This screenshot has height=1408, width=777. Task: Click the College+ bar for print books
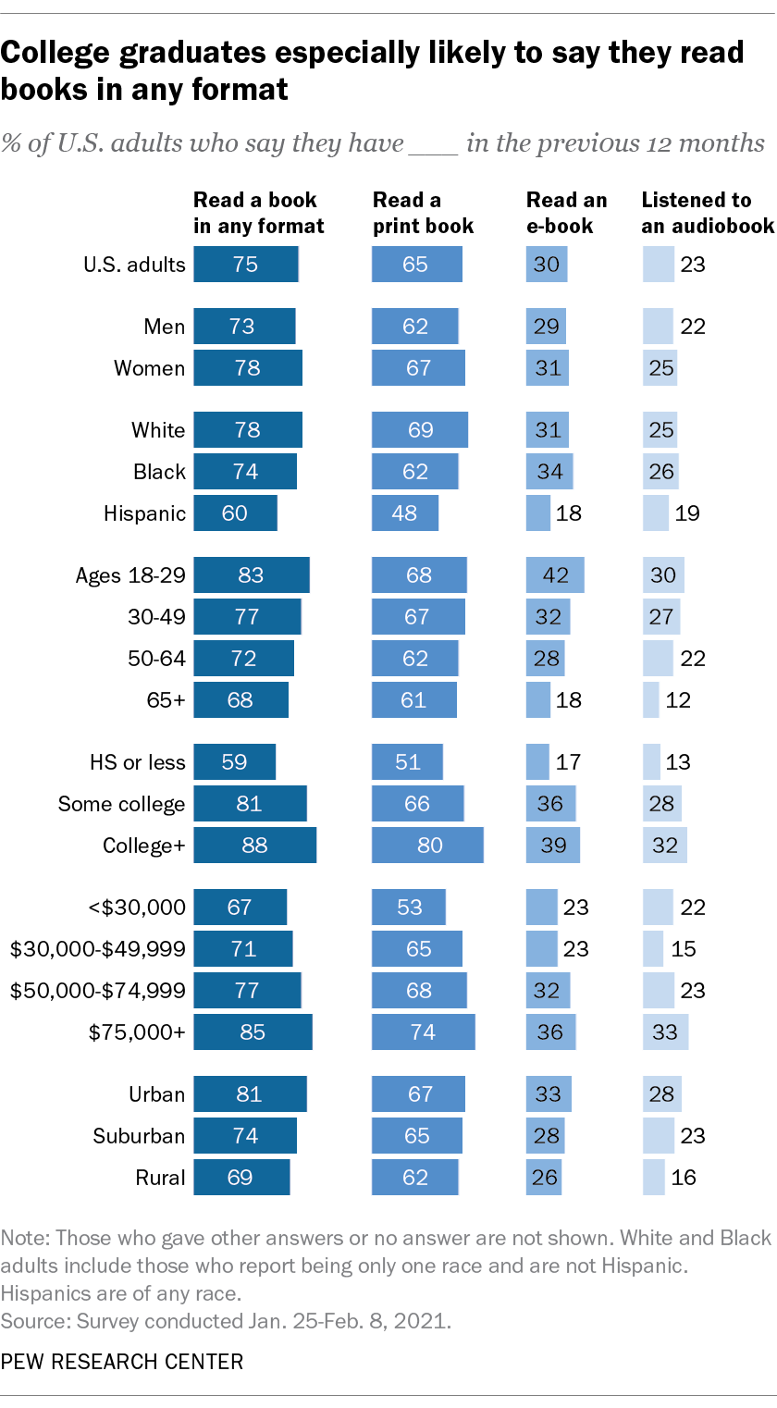tap(427, 846)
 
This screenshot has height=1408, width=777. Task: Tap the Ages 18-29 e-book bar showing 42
tap(555, 575)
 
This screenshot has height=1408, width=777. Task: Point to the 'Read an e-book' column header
tap(567, 213)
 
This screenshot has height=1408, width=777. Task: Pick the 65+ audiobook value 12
tap(678, 700)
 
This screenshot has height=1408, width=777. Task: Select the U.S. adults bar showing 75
tap(246, 265)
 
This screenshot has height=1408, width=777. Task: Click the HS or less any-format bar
tap(235, 762)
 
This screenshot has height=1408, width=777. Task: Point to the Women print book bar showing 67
tap(418, 368)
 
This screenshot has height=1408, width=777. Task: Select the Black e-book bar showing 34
tap(549, 472)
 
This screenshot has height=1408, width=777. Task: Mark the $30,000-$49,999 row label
tap(97, 948)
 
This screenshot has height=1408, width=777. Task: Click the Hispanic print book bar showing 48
tap(405, 513)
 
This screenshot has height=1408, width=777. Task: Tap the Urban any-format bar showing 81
tap(250, 1094)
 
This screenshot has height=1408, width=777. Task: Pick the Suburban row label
tap(139, 1136)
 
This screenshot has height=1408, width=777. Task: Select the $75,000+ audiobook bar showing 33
tap(665, 1031)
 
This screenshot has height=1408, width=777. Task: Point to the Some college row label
tap(121, 804)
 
